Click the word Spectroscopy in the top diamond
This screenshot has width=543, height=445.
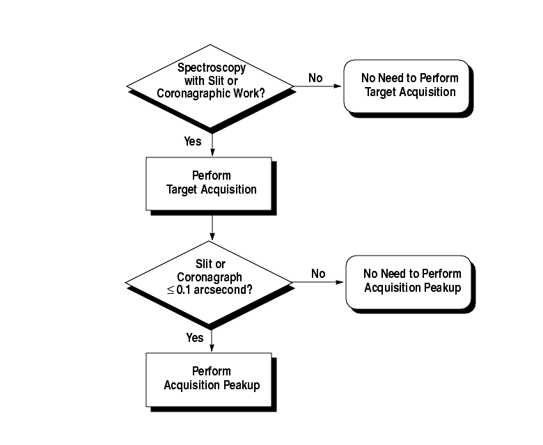click(x=211, y=68)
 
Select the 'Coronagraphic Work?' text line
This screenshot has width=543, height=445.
click(x=211, y=93)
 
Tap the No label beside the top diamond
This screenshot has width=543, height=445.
click(x=315, y=78)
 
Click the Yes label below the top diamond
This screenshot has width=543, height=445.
click(x=193, y=141)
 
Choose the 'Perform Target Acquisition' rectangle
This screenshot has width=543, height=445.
click(x=208, y=182)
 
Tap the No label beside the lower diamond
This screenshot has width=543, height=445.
click(x=318, y=274)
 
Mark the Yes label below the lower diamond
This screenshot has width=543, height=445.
click(x=195, y=338)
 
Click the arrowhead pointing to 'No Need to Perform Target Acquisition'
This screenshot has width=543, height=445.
click(x=339, y=86)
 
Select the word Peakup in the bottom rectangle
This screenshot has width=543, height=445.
click(x=242, y=385)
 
